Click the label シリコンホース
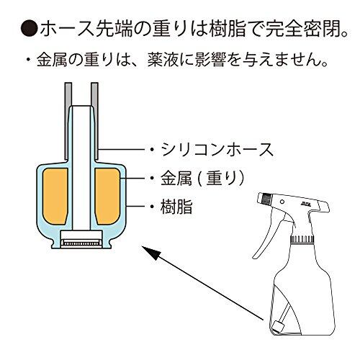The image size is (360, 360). click(217, 150)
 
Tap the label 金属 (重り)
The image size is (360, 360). click(202, 179)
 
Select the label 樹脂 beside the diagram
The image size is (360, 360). click(176, 207)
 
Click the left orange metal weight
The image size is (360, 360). click(55, 197)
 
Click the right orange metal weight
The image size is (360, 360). click(107, 197)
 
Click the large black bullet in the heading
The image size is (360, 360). click(30, 29)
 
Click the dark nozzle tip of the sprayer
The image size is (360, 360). click(266, 198)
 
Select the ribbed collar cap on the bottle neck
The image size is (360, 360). click(302, 239)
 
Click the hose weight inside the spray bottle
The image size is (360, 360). click(278, 327)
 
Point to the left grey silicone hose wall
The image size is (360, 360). click(68, 121)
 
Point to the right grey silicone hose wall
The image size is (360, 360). click(95, 121)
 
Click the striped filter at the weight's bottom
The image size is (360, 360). click(81, 243)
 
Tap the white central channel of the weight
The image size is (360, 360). click(81, 168)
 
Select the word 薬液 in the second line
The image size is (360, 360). click(162, 60)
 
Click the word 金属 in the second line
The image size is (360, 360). click(52, 60)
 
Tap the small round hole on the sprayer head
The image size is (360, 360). click(282, 202)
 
